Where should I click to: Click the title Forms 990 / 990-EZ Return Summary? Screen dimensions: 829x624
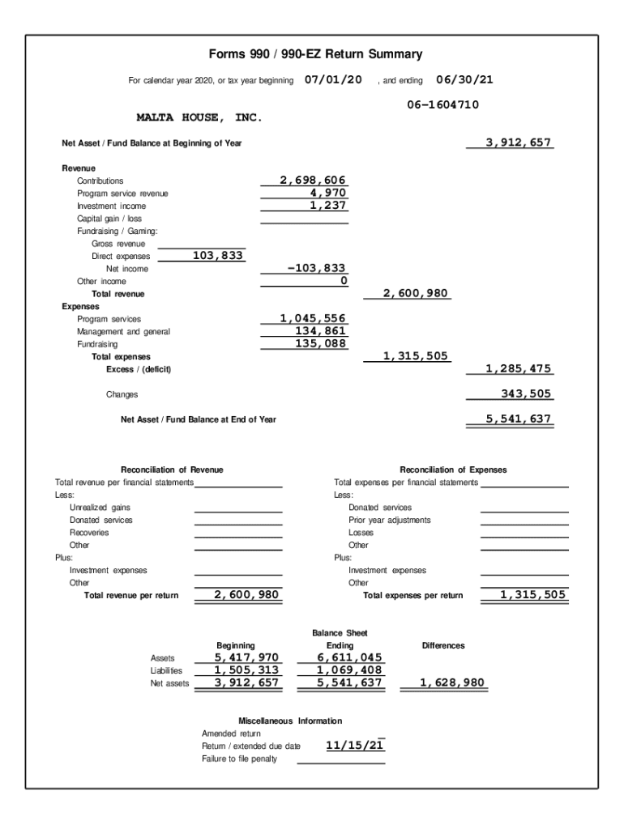315,54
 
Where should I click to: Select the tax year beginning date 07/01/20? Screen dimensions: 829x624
333,80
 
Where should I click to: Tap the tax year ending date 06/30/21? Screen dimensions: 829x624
465,80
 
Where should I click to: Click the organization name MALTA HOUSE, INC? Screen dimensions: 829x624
199,118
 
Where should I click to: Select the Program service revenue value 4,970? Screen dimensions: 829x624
328,193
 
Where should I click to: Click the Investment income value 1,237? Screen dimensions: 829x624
328,206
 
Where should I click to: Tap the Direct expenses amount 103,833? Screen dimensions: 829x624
218,256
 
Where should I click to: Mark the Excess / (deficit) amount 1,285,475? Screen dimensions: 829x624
519,368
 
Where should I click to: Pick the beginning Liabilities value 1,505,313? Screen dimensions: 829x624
246,670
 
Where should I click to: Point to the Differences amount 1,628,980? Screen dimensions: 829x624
452,682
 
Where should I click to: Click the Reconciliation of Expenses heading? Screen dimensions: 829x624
453,470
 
